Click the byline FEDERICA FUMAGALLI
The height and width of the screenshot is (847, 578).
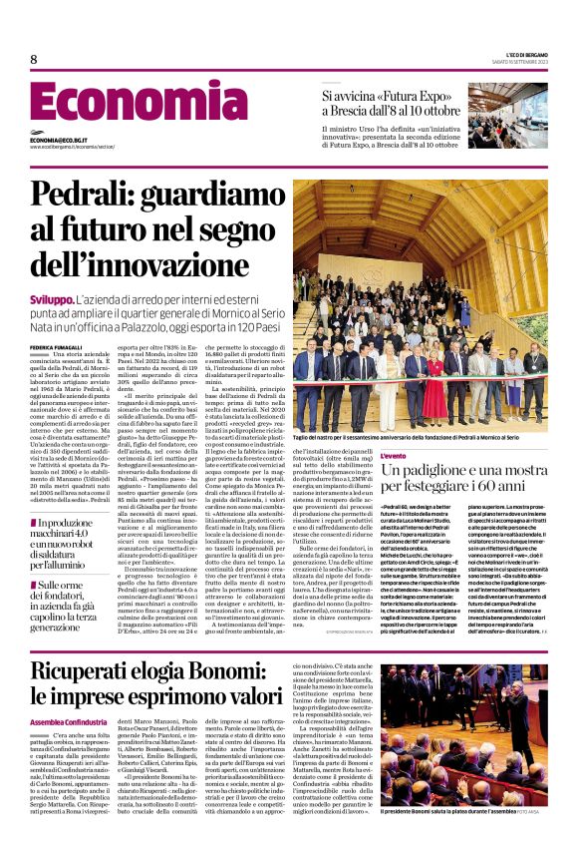[56, 347]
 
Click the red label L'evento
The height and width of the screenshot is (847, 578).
[394, 455]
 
